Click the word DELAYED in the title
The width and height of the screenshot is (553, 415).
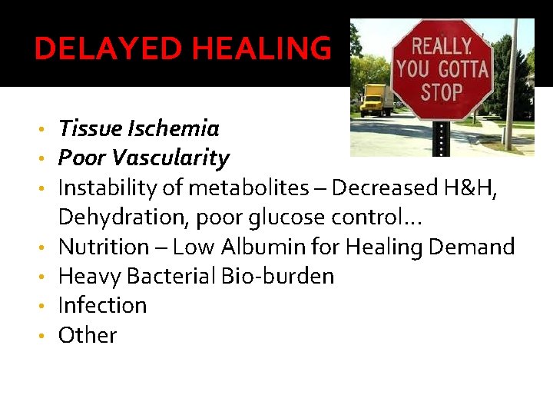110,49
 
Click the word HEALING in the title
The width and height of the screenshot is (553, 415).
261,49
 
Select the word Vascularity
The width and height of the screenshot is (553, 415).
171,158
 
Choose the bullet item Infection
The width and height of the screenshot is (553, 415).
102,306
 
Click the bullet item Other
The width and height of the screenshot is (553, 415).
88,336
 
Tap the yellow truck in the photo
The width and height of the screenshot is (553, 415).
376,100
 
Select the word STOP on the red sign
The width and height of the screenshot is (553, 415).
442,92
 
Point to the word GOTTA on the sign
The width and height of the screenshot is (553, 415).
462,68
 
